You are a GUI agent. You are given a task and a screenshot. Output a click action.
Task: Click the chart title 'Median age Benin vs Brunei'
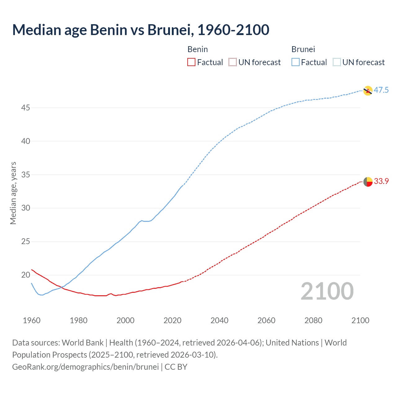tap(141, 30)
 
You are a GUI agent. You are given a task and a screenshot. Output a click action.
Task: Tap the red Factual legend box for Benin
tap(191, 62)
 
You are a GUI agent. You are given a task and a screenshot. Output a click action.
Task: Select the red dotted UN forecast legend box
tap(233, 62)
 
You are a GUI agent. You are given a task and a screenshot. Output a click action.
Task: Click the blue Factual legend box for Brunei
tap(295, 62)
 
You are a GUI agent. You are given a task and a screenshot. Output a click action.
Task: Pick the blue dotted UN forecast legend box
tap(337, 62)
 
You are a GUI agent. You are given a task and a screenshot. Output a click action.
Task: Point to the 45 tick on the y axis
tap(26, 108)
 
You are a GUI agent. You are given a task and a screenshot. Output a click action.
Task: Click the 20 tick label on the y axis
tap(26, 275)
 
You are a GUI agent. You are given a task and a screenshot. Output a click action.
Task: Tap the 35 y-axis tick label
tap(26, 175)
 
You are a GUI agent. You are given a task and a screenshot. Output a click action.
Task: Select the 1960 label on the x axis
tap(32, 320)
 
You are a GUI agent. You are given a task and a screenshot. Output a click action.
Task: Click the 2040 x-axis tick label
tap(219, 320)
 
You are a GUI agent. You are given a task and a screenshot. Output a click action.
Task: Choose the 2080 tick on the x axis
tap(313, 320)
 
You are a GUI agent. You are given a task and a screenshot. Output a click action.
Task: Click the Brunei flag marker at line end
tap(368, 91)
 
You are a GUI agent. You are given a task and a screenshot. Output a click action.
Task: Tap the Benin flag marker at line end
tap(368, 182)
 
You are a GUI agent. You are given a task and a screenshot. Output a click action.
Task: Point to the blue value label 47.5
tap(381, 90)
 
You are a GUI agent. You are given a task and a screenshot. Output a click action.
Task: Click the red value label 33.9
tap(381, 181)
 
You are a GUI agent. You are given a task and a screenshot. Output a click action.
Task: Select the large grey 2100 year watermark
tap(327, 291)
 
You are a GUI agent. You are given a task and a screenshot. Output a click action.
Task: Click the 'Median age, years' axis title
tap(13, 193)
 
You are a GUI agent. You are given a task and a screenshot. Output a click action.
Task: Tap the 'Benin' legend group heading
tap(198, 49)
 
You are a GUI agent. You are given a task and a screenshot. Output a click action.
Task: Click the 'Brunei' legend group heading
tap(303, 49)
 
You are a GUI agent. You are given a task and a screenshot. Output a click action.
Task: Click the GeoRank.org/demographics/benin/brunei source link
tap(85, 367)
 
